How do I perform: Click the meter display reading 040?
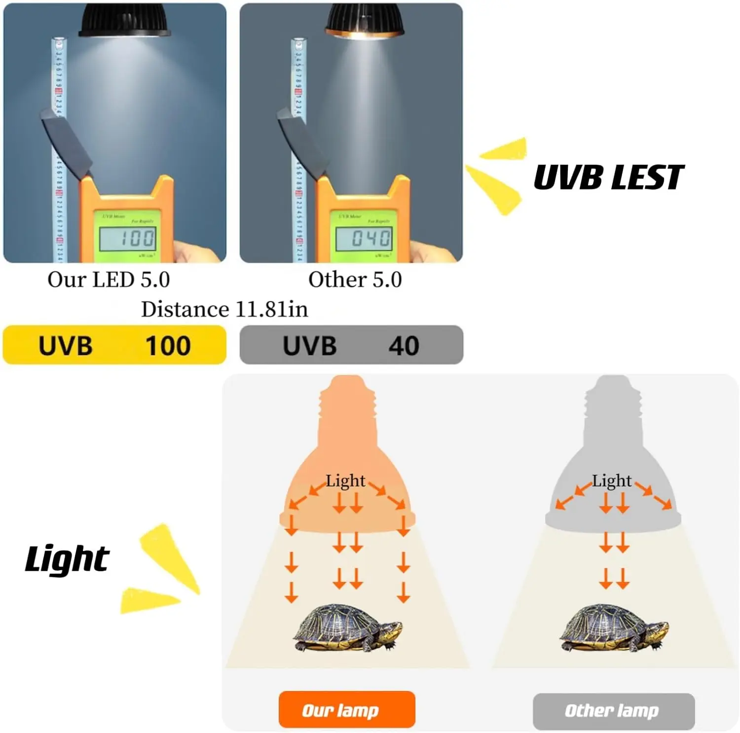coord(365,239)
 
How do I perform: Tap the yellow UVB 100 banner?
coord(114,345)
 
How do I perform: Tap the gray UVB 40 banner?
coord(351,345)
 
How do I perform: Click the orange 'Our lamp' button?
coord(347,710)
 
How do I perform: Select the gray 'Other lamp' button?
coord(613,711)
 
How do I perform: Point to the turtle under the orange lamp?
coord(348,627)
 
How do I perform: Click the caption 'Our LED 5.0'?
coord(109,280)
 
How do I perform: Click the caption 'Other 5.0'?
coord(355,280)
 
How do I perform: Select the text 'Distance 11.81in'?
coord(224,309)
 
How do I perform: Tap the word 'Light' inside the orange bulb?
coord(345,480)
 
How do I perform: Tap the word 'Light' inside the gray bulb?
coord(612,480)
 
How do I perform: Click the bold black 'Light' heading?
coord(67,559)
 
